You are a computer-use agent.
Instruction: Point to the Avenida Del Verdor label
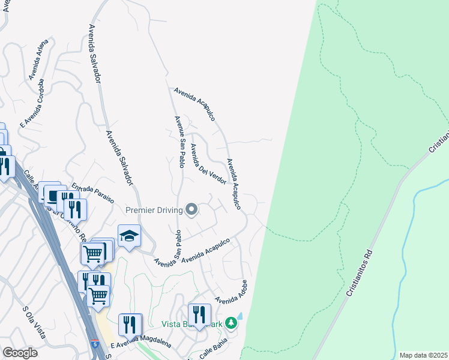[208, 164]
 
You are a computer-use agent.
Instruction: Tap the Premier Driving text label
[153, 210]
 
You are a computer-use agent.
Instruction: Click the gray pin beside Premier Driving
[191, 209]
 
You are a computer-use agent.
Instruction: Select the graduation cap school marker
[129, 236]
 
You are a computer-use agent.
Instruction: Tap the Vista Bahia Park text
[191, 325]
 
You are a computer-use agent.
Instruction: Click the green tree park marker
[231, 324]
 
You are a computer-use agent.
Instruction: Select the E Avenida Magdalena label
[141, 344]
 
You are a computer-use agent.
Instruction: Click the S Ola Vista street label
[34, 322]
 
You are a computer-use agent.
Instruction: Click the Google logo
[20, 353]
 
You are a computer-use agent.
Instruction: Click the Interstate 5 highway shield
[95, 344]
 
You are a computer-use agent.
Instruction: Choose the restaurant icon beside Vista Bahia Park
[199, 314]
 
